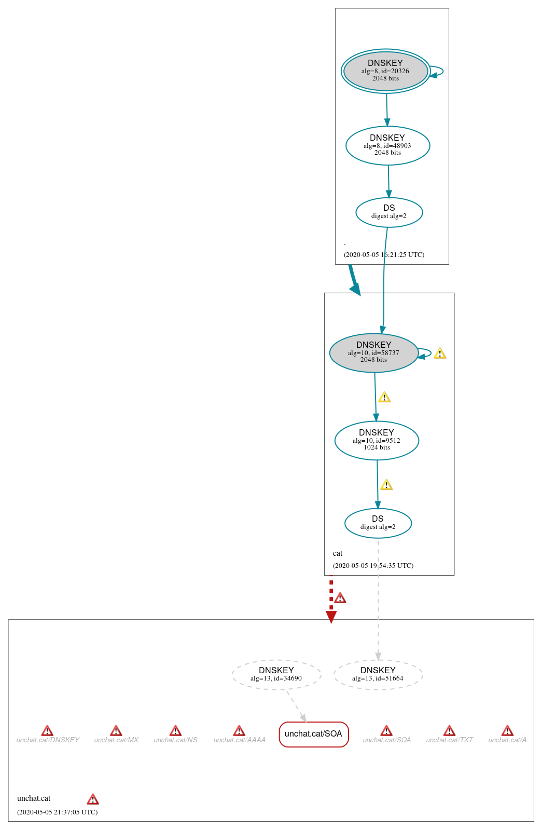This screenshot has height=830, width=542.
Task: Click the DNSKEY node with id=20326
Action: coord(385,71)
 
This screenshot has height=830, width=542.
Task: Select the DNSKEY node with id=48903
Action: coord(387,146)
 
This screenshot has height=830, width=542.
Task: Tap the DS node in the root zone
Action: coord(389,212)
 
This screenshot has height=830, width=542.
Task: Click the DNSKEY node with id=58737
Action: coord(373,353)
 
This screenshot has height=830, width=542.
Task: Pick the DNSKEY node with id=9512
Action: coord(377,441)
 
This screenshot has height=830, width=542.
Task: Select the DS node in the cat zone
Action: coord(378,523)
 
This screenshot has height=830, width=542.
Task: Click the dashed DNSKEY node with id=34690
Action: coord(276,675)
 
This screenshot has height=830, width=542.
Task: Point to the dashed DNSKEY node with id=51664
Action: coord(378,675)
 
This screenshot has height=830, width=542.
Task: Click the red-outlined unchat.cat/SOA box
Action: coord(313,734)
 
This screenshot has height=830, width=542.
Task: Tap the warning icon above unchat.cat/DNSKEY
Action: coord(47,731)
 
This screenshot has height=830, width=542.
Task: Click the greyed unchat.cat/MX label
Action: coord(116,740)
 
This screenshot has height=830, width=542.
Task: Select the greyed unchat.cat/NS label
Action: coord(175,740)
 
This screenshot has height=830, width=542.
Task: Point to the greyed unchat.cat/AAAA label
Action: coord(239,740)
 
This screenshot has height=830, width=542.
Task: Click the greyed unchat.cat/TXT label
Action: coord(449,740)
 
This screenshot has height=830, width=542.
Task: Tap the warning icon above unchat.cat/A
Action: coord(507,731)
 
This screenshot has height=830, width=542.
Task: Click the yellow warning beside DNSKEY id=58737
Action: coord(440,353)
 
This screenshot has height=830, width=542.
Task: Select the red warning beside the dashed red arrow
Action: coord(340,598)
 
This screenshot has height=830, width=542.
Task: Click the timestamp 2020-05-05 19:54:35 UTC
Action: coord(373,566)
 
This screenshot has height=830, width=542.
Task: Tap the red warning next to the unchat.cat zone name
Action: coord(93,799)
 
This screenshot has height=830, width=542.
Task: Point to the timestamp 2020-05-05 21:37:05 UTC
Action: coord(57,812)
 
